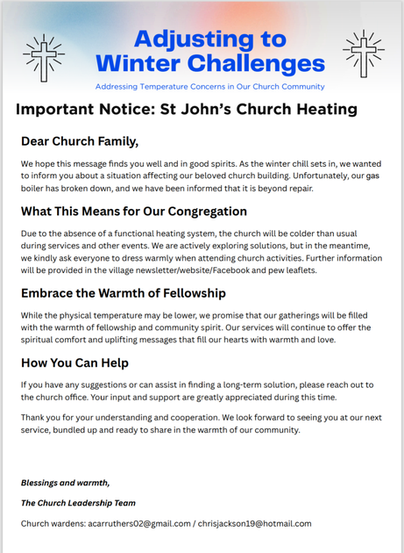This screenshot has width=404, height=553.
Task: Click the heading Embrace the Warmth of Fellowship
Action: [124, 293]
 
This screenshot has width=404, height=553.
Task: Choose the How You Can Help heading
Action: [77, 363]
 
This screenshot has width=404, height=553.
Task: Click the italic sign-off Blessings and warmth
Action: [65, 483]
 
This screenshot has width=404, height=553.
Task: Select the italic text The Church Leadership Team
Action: [79, 503]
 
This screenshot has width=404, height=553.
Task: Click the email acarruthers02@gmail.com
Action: [135, 523]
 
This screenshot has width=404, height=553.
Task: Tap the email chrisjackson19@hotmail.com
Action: [252, 523]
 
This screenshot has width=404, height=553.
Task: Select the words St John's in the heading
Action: [202, 110]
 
